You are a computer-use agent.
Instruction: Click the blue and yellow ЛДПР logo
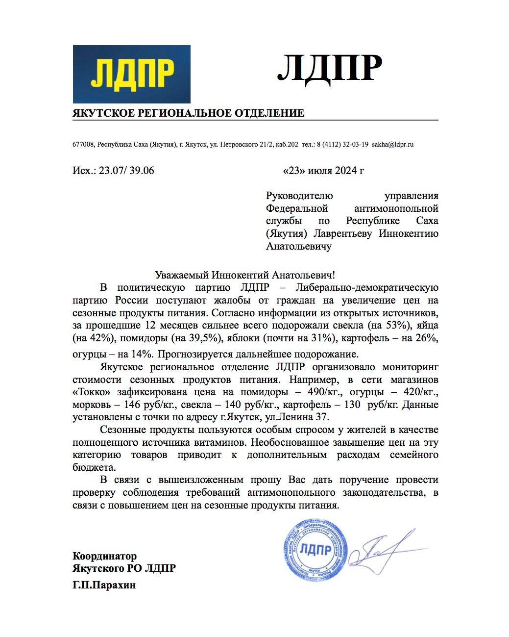point(131,74)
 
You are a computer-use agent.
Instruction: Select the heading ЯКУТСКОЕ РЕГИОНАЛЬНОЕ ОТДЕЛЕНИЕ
point(188,113)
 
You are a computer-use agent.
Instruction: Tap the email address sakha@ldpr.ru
point(393,145)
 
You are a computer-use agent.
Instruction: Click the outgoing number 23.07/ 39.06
point(126,171)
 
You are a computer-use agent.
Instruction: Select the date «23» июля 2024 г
point(323,171)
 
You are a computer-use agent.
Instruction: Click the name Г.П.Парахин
point(104,585)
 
